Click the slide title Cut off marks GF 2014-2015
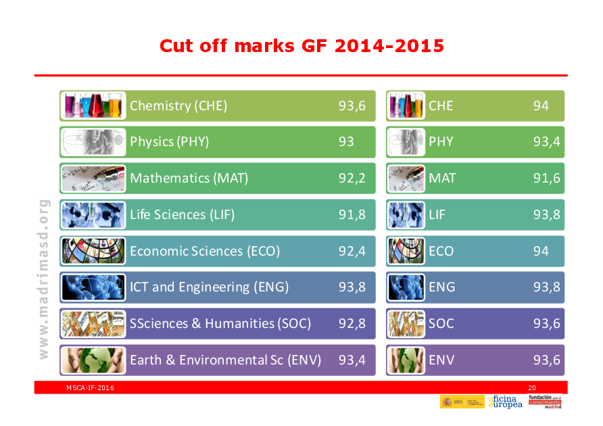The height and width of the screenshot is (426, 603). pos(301,46)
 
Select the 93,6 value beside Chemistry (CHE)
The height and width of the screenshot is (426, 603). pos(352,105)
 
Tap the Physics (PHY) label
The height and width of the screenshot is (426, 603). pos(169,142)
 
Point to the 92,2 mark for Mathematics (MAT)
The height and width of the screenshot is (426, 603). pos(352,179)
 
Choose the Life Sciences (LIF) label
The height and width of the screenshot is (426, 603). pos(182,215)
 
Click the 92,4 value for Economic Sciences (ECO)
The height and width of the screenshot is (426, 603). pos(352,252)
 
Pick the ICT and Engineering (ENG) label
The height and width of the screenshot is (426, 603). pos(209,287)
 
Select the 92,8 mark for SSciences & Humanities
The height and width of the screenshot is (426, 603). pos(352,324)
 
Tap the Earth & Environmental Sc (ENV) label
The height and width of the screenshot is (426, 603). pos(225,360)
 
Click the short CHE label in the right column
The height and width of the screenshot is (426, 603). pos(441,105)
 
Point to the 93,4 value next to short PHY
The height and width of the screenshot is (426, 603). pos(546,142)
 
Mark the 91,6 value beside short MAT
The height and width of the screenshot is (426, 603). pos(546,179)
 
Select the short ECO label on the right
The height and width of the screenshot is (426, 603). pos(441,252)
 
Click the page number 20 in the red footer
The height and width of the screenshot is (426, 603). pos(531,387)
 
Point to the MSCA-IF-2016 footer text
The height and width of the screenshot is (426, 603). pos(90,387)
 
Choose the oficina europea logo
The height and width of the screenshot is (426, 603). pos(505,402)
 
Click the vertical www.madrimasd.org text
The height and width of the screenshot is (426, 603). pos(43,279)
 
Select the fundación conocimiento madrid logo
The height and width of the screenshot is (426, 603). pos(544,402)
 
